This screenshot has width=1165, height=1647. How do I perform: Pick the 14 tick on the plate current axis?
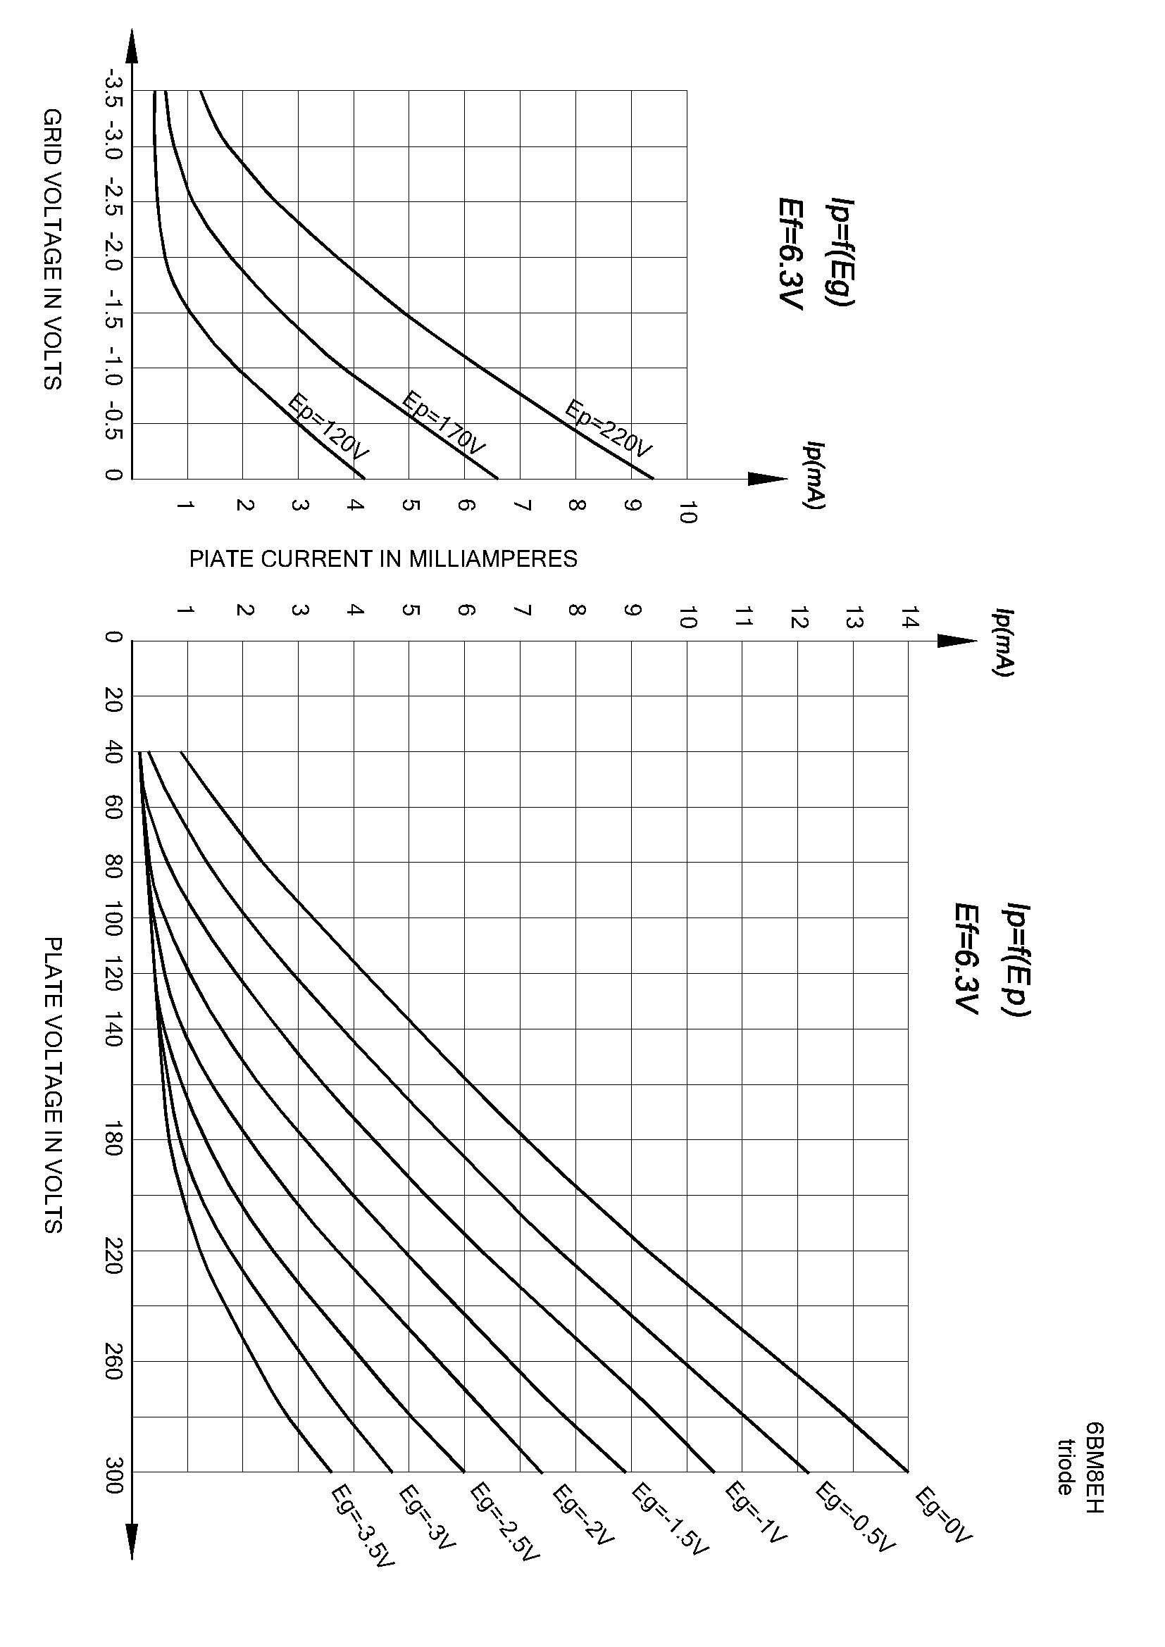coord(909,617)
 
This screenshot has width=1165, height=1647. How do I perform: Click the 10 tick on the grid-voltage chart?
coord(687,512)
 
